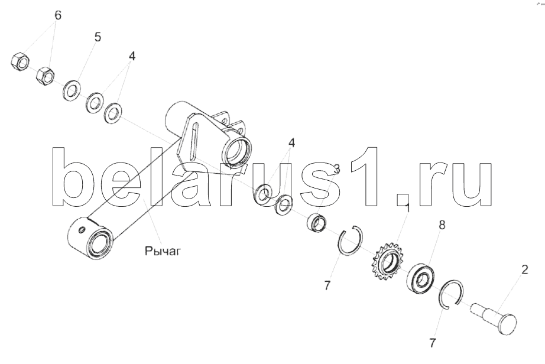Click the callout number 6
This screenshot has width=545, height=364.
(x=58, y=15)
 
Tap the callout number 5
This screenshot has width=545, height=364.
(x=98, y=37)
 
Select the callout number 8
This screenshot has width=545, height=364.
(x=442, y=225)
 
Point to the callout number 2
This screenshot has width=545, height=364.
(x=524, y=269)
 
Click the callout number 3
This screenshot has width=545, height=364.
(x=336, y=169)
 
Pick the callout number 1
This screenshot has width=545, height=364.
(x=408, y=208)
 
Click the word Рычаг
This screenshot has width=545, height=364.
(x=163, y=251)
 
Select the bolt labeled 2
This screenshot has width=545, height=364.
(x=494, y=317)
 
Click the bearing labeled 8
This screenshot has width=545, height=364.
(x=420, y=277)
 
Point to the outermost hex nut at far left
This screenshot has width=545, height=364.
(x=20, y=62)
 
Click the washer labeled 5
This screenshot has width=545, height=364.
(x=72, y=90)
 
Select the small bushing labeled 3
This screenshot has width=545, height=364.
(x=316, y=222)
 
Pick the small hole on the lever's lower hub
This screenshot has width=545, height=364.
(x=82, y=230)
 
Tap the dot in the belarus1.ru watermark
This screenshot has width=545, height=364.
(x=403, y=200)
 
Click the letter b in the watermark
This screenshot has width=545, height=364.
(x=74, y=177)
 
